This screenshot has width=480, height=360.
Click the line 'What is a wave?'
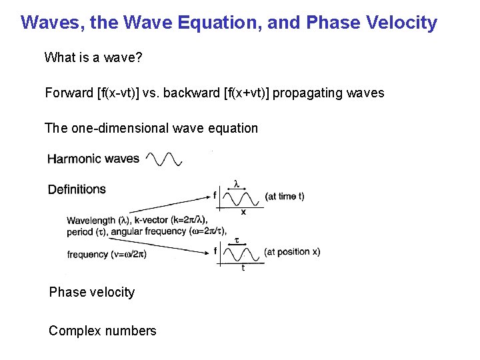tap(93, 57)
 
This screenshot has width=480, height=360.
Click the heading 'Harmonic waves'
tap(93, 159)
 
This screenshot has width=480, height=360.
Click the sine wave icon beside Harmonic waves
tap(164, 159)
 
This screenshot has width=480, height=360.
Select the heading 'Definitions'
tap(77, 189)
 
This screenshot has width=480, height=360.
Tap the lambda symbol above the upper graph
tap(236, 182)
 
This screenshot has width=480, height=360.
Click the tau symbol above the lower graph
tap(237, 239)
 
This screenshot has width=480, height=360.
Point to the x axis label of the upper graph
tap(243, 213)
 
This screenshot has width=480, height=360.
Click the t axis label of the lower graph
tap(243, 268)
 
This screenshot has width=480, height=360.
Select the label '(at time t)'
tap(285, 197)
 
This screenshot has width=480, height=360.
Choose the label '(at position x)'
tap(292, 252)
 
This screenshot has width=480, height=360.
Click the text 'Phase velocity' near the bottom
tap(92, 292)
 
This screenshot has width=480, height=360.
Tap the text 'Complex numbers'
tap(103, 331)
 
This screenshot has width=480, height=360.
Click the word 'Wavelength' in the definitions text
tap(91, 221)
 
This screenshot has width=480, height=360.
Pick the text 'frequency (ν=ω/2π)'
tap(107, 254)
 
